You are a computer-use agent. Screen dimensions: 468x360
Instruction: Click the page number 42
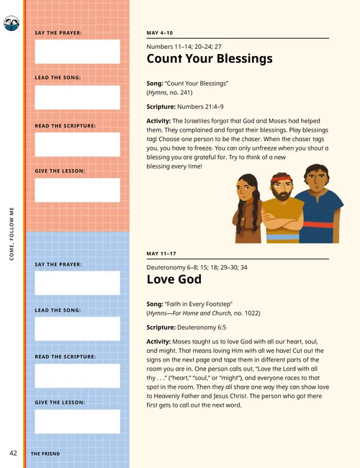pyautogui.click(x=13, y=453)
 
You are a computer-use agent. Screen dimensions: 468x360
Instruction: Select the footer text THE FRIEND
pyautogui.click(x=45, y=454)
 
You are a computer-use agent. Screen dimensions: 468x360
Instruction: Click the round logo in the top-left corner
pyautogui.click(x=12, y=25)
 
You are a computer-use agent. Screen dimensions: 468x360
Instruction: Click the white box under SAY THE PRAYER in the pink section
pyautogui.click(x=77, y=52)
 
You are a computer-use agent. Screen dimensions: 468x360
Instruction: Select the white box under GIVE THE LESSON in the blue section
pyautogui.click(x=77, y=421)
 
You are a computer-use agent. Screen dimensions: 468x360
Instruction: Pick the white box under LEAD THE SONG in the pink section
pyautogui.click(x=77, y=97)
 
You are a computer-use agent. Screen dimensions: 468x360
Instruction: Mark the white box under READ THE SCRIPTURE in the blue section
pyautogui.click(x=77, y=375)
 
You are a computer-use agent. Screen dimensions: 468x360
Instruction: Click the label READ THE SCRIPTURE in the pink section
pyautogui.click(x=66, y=125)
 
